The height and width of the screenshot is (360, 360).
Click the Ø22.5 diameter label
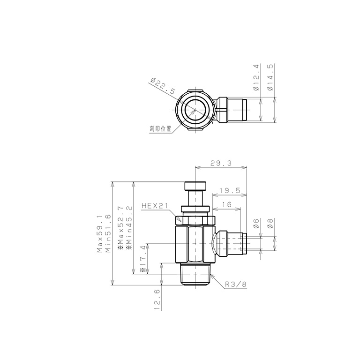click(163, 86)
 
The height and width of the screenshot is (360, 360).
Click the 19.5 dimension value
click(230, 191)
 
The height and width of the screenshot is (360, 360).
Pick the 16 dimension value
click(226, 204)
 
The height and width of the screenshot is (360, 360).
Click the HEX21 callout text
click(155, 205)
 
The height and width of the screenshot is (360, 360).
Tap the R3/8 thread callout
click(236, 285)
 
